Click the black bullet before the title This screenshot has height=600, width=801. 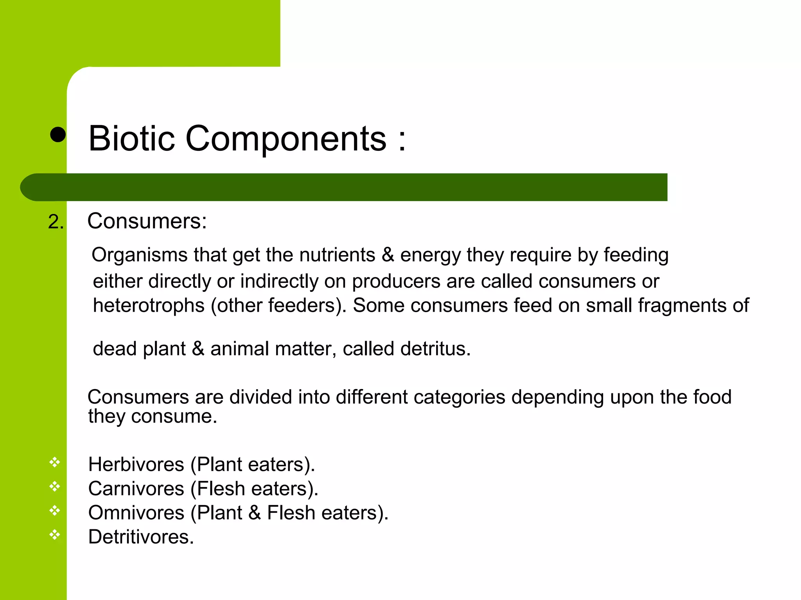pyautogui.click(x=58, y=135)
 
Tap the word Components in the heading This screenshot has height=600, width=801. pyautogui.click(x=286, y=139)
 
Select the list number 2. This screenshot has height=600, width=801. pyautogui.click(x=56, y=222)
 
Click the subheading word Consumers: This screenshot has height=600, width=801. pyautogui.click(x=147, y=221)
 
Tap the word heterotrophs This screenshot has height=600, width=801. pyautogui.click(x=149, y=305)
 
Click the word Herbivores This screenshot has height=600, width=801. pyautogui.click(x=136, y=464)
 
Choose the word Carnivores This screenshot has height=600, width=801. pyautogui.click(x=136, y=489)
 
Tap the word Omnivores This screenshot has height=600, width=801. pyautogui.click(x=136, y=513)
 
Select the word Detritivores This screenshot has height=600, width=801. pyautogui.click(x=141, y=537)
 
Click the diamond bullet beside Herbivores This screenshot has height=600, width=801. pyautogui.click(x=55, y=462)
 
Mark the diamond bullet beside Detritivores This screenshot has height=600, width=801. pyautogui.click(x=55, y=534)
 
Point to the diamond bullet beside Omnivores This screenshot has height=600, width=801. pyautogui.click(x=55, y=510)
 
